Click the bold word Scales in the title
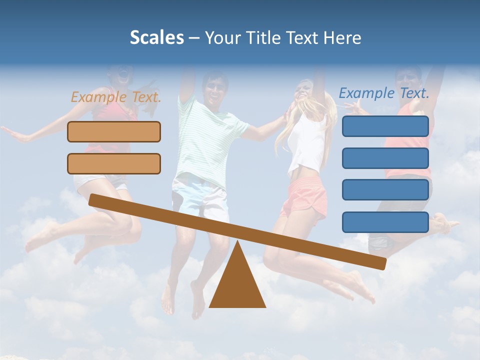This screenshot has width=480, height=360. (156, 37)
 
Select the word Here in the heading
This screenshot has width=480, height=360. (342, 37)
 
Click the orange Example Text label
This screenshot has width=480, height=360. (116, 97)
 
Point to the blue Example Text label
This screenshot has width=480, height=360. (384, 93)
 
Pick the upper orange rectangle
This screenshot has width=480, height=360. (114, 131)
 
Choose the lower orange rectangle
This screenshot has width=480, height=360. (114, 163)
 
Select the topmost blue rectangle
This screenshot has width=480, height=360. (385, 126)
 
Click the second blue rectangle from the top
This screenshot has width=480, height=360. (385, 158)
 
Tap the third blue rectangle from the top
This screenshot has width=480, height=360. (385, 190)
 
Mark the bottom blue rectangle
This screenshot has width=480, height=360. (385, 222)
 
